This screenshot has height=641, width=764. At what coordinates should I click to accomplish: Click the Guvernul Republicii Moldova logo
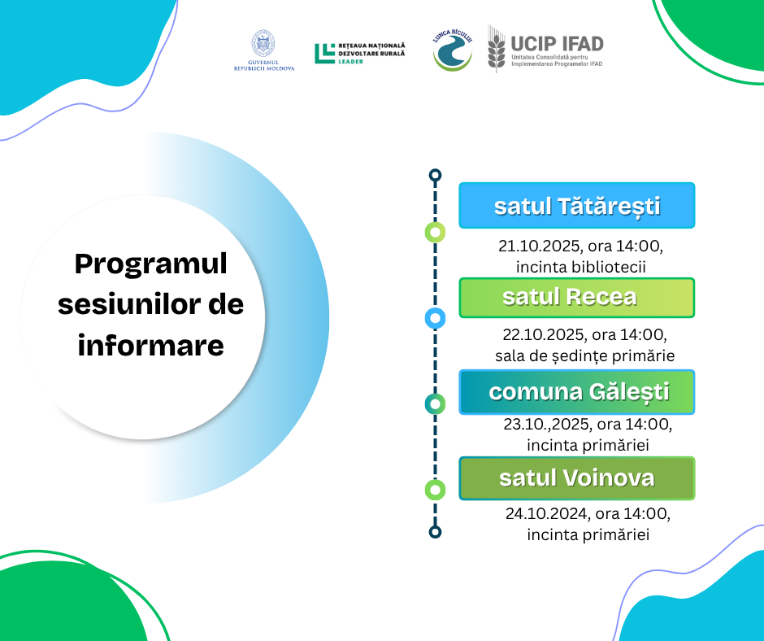tap(264, 50)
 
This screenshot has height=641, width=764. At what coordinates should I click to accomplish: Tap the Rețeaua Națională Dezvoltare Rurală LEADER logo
tap(359, 53)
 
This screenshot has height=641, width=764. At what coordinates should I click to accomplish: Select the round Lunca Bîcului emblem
tap(453, 50)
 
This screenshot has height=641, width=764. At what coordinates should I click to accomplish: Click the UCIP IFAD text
tap(557, 44)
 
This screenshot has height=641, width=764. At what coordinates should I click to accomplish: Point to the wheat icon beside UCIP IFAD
tap(497, 49)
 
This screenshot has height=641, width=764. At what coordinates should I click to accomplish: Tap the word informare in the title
tap(151, 346)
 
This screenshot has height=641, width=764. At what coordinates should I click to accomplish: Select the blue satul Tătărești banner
tap(577, 205)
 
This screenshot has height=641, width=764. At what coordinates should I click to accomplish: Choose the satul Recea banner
tap(577, 298)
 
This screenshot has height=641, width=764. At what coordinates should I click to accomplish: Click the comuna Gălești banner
tap(577, 392)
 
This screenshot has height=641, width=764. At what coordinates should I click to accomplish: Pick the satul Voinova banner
tap(577, 478)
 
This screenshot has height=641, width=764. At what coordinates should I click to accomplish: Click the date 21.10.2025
tap(540, 246)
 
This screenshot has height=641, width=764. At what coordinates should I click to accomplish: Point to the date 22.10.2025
tap(545, 334)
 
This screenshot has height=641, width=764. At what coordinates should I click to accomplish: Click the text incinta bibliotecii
tap(581, 268)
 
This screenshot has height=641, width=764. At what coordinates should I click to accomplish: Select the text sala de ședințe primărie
tap(584, 356)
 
